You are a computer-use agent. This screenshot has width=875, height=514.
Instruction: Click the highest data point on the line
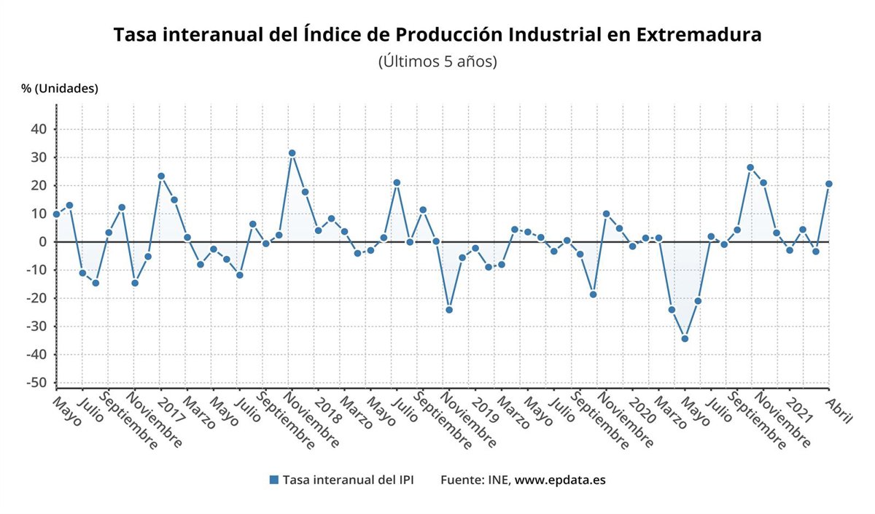292,153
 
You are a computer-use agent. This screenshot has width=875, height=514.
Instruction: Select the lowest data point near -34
685,338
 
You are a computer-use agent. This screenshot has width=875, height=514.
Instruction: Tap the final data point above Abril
829,184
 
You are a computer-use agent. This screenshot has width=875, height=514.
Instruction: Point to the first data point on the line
56,214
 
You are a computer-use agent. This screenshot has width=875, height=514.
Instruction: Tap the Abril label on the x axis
839,410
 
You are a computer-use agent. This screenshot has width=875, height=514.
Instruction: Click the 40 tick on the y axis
37,129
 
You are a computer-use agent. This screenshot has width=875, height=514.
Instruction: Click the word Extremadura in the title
699,35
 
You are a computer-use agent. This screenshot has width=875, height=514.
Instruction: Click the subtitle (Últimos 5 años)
437,62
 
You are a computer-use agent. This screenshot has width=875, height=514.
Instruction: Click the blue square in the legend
274,480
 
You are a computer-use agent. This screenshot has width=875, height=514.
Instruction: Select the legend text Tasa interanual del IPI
348,480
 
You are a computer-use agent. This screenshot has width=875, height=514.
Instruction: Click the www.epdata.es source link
560,480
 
